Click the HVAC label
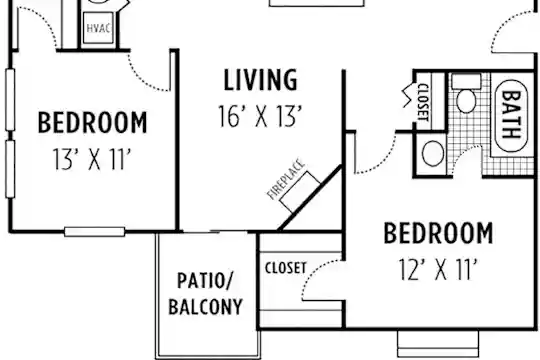pyautogui.click(x=98, y=28)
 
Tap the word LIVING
pyautogui.click(x=260, y=80)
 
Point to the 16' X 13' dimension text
pyautogui.click(x=260, y=116)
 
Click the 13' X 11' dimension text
pyautogui.click(x=92, y=159)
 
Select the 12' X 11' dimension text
pyautogui.click(x=438, y=269)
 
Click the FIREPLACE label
pyautogui.click(x=286, y=179)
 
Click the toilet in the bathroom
pyautogui.click(x=466, y=94)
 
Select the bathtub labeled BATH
pyautogui.click(x=511, y=115)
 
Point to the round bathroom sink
pyautogui.click(x=433, y=154)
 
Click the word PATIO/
pyautogui.click(x=205, y=280)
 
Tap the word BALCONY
pyautogui.click(x=205, y=306)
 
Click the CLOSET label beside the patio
pyautogui.click(x=285, y=268)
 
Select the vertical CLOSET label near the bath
pyautogui.click(x=423, y=102)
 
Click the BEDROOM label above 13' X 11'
pyautogui.click(x=92, y=122)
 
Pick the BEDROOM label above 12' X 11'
pyautogui.click(x=438, y=233)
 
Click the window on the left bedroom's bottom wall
pyautogui.click(x=95, y=232)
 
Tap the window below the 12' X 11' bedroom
pyautogui.click(x=438, y=343)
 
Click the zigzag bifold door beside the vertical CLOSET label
pyautogui.click(x=408, y=95)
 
